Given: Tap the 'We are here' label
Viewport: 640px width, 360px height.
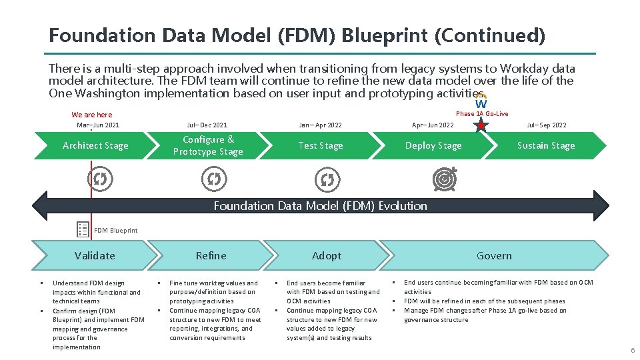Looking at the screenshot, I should [92, 115].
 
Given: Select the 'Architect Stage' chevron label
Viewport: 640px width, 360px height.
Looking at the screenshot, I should [95, 145].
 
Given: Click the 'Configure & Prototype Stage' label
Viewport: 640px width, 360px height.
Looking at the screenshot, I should [208, 145].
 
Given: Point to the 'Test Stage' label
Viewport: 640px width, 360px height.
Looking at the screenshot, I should [321, 145].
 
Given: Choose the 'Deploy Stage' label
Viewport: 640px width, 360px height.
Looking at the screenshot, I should [433, 145].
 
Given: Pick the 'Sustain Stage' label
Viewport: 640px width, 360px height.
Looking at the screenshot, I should [545, 145].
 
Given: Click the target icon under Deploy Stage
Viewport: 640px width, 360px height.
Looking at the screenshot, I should [445, 179].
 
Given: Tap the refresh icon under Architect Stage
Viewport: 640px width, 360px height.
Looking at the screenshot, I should [100, 179].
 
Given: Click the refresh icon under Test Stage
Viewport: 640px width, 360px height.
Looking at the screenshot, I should [327, 179].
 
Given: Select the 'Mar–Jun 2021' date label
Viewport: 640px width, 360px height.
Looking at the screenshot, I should [98, 125].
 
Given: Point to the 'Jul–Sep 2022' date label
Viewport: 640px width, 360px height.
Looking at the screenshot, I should [546, 125].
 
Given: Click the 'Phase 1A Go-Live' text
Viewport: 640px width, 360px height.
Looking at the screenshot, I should [481, 114].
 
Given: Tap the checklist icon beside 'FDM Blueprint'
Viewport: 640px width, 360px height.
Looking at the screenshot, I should [83, 229].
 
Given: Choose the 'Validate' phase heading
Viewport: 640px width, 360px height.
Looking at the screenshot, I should [95, 255].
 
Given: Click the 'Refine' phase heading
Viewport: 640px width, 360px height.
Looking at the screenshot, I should [211, 255].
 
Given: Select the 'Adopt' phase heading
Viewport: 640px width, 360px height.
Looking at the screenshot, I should [327, 255].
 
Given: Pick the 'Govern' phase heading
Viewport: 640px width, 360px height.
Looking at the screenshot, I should [494, 255].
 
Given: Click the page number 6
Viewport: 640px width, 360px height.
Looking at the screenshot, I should [633, 351].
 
